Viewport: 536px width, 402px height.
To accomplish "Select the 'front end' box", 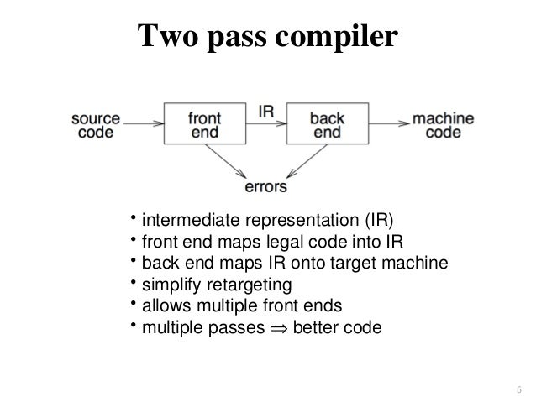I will tap(204, 125).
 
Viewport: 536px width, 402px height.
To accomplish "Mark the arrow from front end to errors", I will tap(226, 162).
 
